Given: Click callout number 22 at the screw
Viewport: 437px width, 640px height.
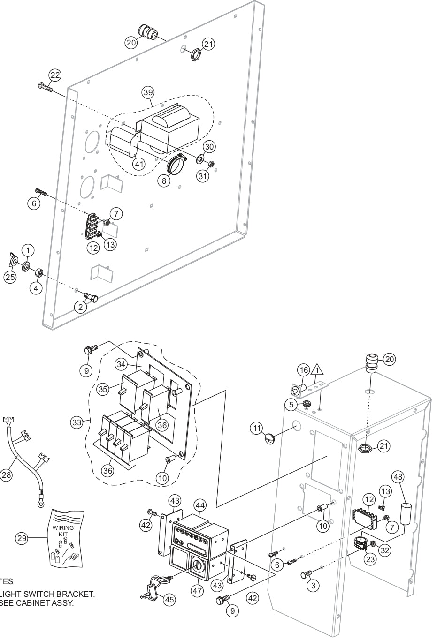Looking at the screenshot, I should coord(55,75).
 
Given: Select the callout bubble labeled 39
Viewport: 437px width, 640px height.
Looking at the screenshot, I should coord(148,92).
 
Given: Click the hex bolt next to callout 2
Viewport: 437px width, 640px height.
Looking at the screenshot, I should coord(91,297).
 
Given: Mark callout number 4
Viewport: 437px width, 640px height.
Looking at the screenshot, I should coord(36,288).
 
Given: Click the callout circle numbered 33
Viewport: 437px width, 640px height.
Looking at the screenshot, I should coord(77,422).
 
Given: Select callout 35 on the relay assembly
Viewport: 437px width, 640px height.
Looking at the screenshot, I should coord(104,389).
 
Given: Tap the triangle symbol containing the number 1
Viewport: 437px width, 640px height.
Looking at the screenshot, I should coord(318,370).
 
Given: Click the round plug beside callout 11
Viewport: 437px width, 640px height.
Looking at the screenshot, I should coord(269,439).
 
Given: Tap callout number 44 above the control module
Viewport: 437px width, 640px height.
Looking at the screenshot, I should coord(200,505).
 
